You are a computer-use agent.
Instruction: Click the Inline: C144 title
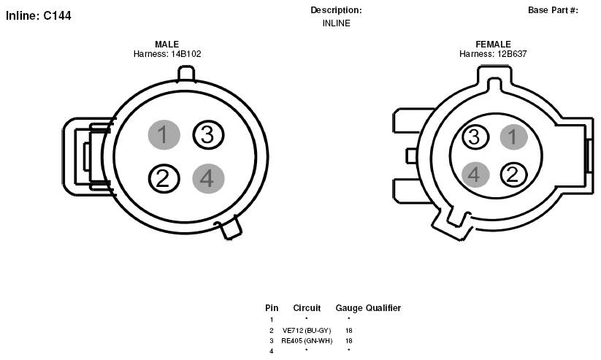(x=38, y=16)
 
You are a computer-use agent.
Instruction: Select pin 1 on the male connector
(x=164, y=134)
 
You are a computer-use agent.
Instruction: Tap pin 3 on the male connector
(x=208, y=134)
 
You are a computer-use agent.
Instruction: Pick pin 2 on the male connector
(x=164, y=178)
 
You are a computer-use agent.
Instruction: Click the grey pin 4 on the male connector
(x=208, y=178)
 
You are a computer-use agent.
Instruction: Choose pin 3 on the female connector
(x=475, y=137)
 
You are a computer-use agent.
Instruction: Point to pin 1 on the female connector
(x=513, y=137)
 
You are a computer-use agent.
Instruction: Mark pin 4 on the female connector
(x=475, y=175)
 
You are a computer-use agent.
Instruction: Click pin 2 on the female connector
(x=513, y=175)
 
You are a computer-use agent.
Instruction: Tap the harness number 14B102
(x=186, y=54)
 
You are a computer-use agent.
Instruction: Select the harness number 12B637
(x=512, y=54)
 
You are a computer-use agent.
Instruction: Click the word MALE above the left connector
(x=166, y=44)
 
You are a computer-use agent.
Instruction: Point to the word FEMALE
(x=494, y=44)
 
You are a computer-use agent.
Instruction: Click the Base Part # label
(x=553, y=10)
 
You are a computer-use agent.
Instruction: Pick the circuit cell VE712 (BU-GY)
(x=307, y=331)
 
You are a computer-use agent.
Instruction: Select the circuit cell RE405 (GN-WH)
(x=307, y=341)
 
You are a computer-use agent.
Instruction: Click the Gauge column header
(x=349, y=308)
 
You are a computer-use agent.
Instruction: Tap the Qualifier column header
(x=383, y=308)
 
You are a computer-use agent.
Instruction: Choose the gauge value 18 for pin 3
(x=349, y=341)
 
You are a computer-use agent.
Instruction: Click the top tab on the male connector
(x=186, y=74)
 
